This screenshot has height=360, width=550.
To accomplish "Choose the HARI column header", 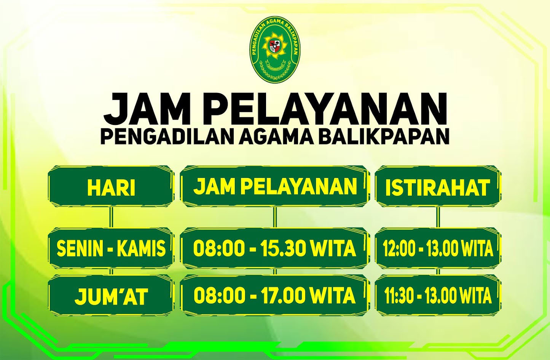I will pyautogui.click(x=111, y=187).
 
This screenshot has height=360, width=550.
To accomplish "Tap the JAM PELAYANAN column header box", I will pyautogui.click(x=275, y=186).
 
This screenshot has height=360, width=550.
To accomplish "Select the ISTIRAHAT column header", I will pyautogui.click(x=437, y=187).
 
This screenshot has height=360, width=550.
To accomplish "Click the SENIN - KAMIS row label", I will pyautogui.click(x=111, y=248).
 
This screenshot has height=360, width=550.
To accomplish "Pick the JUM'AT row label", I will pyautogui.click(x=111, y=296).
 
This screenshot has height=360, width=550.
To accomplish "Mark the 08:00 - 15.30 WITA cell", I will pyautogui.click(x=275, y=248).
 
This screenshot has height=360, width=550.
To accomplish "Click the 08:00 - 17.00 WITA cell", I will pyautogui.click(x=275, y=296).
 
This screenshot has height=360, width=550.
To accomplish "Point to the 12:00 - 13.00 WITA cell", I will pyautogui.click(x=437, y=248).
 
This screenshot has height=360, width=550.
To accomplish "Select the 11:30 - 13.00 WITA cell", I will pyautogui.click(x=437, y=296).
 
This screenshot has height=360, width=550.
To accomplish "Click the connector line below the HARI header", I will pyautogui.click(x=111, y=217).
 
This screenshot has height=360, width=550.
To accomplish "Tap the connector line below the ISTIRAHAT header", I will pyautogui.click(x=438, y=217).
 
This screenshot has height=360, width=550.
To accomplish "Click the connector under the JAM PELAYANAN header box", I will pyautogui.click(x=275, y=217).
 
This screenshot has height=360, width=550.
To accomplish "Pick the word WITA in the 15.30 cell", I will pyautogui.click(x=333, y=248).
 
